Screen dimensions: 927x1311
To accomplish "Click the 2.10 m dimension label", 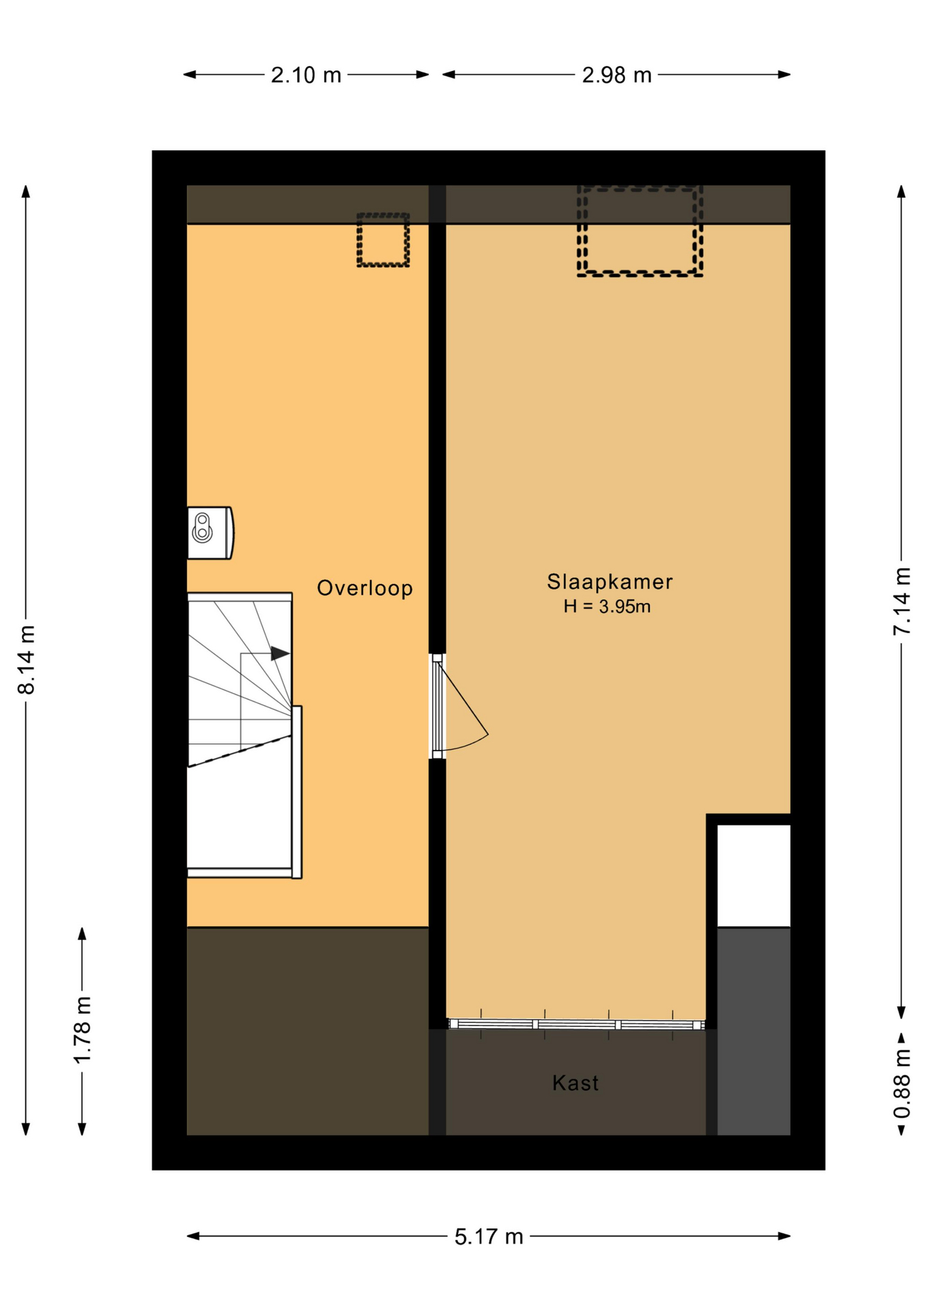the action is pyautogui.click(x=306, y=74).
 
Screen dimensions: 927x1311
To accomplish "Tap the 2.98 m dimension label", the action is pyautogui.click(x=616, y=74).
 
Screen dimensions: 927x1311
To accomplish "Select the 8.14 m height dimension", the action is pyautogui.click(x=26, y=660).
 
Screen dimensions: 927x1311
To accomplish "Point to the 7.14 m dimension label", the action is pyautogui.click(x=902, y=601).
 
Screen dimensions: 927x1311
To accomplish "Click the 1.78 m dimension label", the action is pyautogui.click(x=82, y=1030).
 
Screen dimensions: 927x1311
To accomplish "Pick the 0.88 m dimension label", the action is pyautogui.click(x=902, y=1084).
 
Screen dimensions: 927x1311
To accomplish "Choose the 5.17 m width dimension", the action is pyautogui.click(x=489, y=1236).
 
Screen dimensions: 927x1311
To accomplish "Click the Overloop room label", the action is pyautogui.click(x=365, y=588).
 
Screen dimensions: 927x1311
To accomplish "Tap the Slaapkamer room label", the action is pyautogui.click(x=610, y=582).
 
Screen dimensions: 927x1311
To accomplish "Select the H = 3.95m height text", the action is pyautogui.click(x=607, y=606).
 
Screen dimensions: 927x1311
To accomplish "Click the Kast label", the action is pyautogui.click(x=575, y=1083).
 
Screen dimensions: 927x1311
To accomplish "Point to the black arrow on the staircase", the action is pyautogui.click(x=280, y=653).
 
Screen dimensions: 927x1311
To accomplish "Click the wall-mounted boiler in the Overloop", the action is pyautogui.click(x=210, y=533).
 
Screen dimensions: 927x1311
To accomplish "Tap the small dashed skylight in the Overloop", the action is pyautogui.click(x=383, y=240).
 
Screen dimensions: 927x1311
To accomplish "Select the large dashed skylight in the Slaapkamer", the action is pyautogui.click(x=640, y=231).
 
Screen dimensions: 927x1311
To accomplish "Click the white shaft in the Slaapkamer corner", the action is pyautogui.click(x=754, y=875).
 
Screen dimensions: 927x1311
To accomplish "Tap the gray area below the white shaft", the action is pyautogui.click(x=754, y=1031).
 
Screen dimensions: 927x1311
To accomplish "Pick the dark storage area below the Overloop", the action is pyautogui.click(x=307, y=1031).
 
